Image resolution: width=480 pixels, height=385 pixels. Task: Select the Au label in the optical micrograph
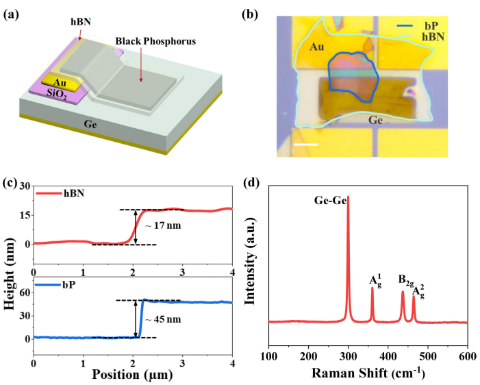(x=315, y=48)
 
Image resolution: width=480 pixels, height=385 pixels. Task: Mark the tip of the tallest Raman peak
(x=349, y=197)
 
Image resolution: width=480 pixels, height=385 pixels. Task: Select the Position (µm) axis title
(x=133, y=375)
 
